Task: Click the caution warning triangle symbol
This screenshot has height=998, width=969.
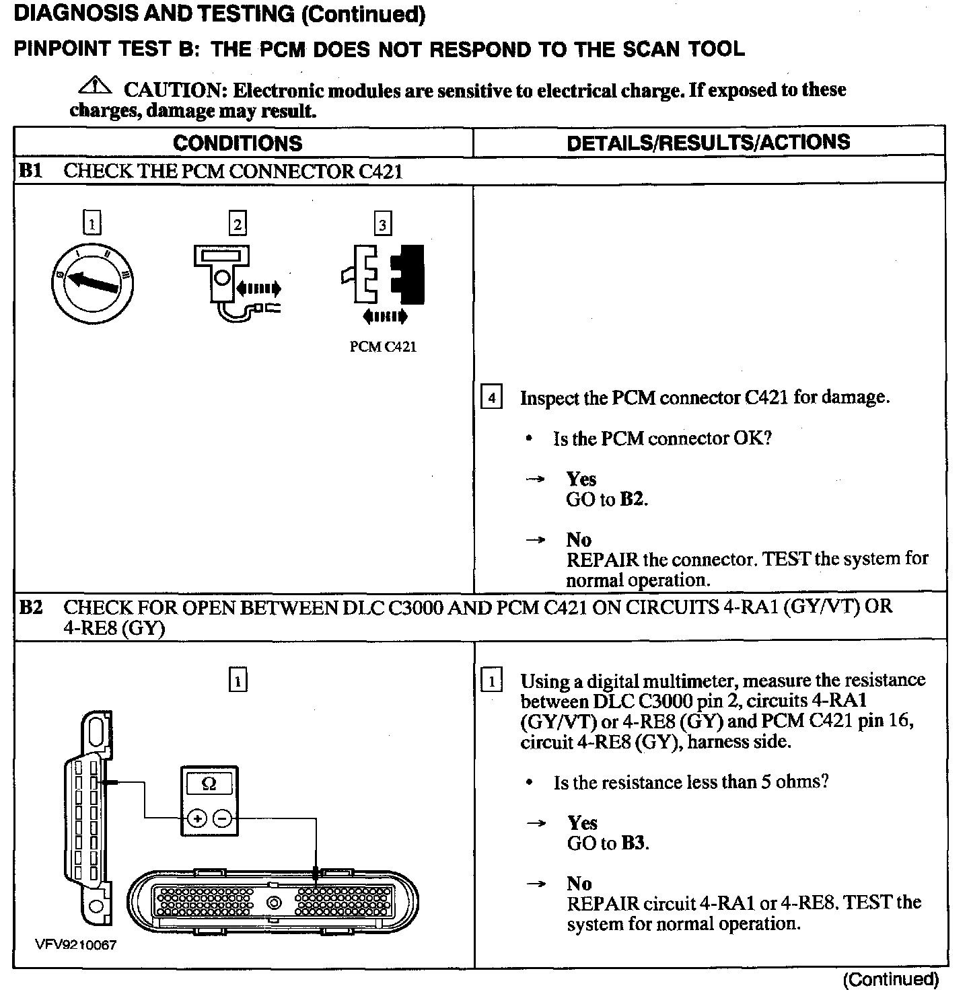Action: pyautogui.click(x=96, y=85)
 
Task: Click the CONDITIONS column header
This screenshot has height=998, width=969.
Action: pyautogui.click(x=238, y=143)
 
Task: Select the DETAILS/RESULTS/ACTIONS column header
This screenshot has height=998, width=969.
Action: pyautogui.click(x=708, y=142)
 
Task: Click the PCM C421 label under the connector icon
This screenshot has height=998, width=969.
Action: pyautogui.click(x=383, y=347)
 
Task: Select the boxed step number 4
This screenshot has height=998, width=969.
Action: pyautogui.click(x=491, y=398)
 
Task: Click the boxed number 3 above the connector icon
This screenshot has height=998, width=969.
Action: pyautogui.click(x=382, y=224)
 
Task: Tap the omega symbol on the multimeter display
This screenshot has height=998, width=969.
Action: pyautogui.click(x=209, y=783)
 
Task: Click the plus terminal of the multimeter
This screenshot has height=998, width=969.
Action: pyautogui.click(x=196, y=818)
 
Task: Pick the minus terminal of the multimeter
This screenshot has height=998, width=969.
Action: pyautogui.click(x=223, y=818)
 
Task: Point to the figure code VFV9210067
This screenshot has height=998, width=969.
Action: pyautogui.click(x=75, y=945)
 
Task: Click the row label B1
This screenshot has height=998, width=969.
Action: pyautogui.click(x=30, y=171)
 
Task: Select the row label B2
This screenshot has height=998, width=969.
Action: pyautogui.click(x=30, y=607)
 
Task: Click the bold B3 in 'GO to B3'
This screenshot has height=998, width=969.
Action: pyautogui.click(x=633, y=843)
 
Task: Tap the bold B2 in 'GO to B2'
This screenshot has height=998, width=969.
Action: pyautogui.click(x=633, y=500)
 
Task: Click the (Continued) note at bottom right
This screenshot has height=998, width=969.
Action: pyautogui.click(x=890, y=979)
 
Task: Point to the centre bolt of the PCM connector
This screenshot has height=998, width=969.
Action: pyautogui.click(x=274, y=903)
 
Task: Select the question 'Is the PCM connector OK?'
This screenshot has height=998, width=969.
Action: pyautogui.click(x=662, y=438)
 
